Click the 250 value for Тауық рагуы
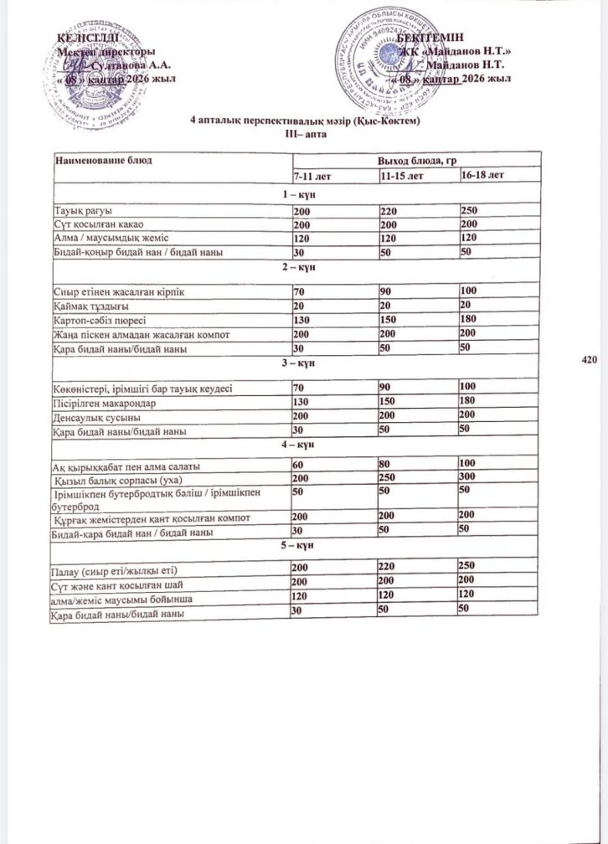pyautogui.click(x=468, y=209)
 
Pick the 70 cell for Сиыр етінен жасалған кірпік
pyautogui.click(x=298, y=290)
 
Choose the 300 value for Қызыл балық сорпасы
pyautogui.click(x=468, y=479)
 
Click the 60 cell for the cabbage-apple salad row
pyautogui.click(x=297, y=465)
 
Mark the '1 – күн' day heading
pyautogui.click(x=298, y=194)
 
